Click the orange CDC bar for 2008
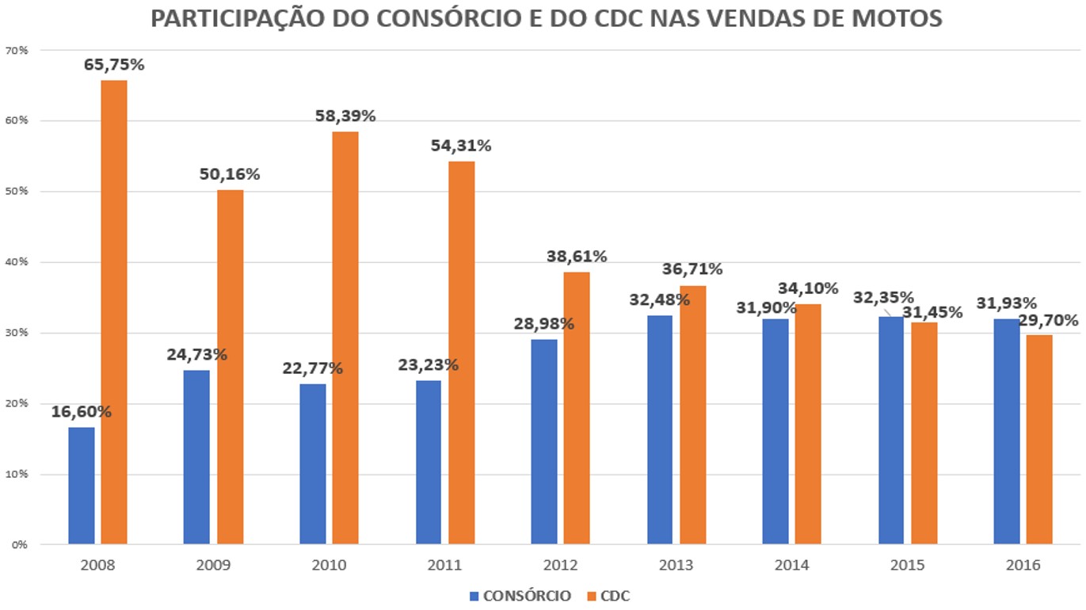point(114,312)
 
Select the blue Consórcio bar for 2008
point(81,486)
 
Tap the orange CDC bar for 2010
point(345,337)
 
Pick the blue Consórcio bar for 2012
point(544,441)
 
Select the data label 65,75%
point(114,65)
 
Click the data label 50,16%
point(230,174)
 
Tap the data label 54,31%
point(461,146)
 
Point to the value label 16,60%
point(81,412)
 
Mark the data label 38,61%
point(577,257)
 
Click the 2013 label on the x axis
point(676,566)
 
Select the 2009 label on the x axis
point(213,566)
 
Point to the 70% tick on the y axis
point(17,51)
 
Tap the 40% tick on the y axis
point(17,262)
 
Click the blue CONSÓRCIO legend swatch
point(474,597)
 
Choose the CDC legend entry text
point(615,597)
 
